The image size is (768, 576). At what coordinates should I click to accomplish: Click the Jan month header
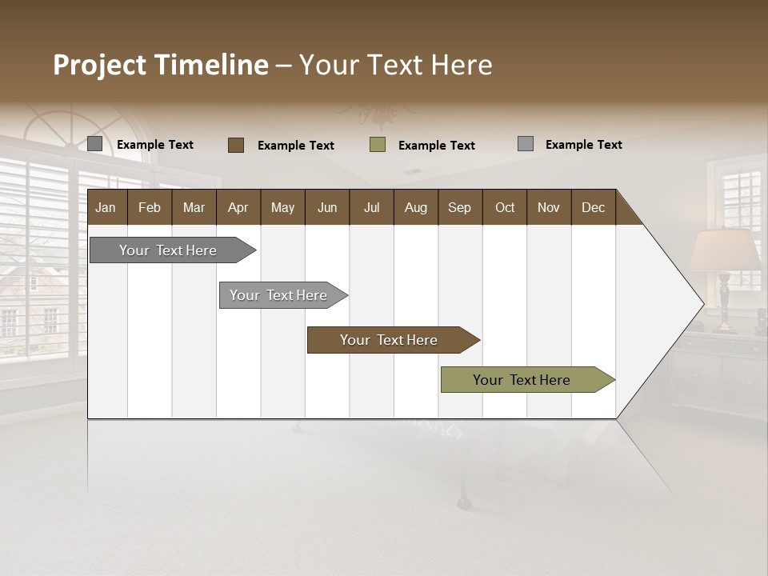(x=106, y=207)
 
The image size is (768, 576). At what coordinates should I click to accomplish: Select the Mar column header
(x=194, y=207)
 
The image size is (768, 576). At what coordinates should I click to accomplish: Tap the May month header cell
(x=282, y=207)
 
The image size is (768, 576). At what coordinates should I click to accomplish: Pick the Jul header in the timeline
(x=371, y=207)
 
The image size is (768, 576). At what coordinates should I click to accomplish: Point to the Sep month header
(x=459, y=207)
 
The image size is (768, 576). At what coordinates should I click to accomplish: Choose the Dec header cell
(x=593, y=207)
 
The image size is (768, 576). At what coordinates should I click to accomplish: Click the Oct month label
(x=505, y=207)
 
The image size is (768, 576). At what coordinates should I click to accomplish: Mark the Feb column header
(x=150, y=207)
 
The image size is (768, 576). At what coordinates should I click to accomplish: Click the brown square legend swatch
(x=236, y=145)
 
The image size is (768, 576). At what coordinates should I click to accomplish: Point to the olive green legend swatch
(x=378, y=145)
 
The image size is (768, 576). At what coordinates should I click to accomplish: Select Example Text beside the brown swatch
(x=296, y=146)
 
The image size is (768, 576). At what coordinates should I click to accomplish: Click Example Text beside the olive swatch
(x=437, y=146)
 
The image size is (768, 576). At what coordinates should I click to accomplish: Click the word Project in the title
(x=100, y=65)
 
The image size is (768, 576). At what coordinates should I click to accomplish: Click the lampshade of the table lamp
(x=725, y=250)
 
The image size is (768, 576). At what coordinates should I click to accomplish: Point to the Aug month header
(x=415, y=207)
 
